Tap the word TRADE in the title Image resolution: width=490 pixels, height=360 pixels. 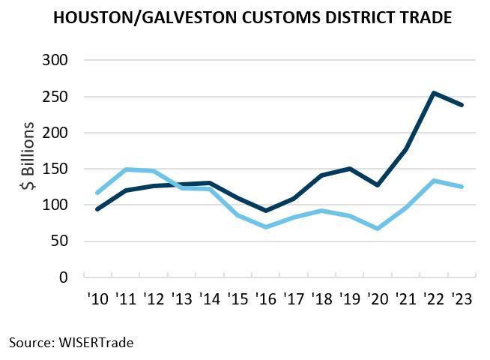coord(423,16)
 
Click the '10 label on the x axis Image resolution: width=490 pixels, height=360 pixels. coord(97,299)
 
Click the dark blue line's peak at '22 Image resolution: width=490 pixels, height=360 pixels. coord(435,93)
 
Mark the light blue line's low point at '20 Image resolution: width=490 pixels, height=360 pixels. coord(378,229)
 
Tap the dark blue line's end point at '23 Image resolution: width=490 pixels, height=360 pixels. coord(462,105)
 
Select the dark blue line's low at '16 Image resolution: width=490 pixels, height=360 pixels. coord(266,211)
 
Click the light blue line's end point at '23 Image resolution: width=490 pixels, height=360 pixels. coord(462,187)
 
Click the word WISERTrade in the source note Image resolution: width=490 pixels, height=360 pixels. coord(97,342)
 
